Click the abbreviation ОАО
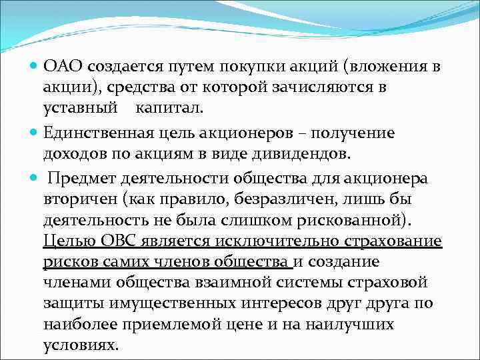63,66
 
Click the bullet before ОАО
35,66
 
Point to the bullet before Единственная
35,133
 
